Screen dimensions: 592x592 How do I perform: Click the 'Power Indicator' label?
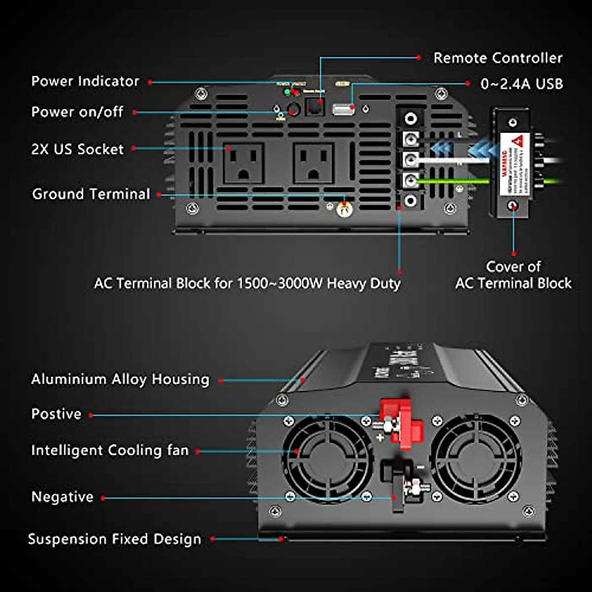(x=85, y=81)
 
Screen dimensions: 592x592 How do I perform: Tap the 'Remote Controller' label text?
(x=497, y=58)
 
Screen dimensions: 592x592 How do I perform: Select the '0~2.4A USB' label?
(x=521, y=84)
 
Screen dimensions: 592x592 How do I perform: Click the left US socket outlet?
(x=243, y=163)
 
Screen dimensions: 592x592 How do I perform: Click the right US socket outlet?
(x=313, y=163)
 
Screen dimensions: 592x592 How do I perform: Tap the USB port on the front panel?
(x=343, y=109)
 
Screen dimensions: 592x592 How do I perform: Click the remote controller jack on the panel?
(x=314, y=106)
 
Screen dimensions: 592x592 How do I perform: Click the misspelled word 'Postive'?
(x=56, y=414)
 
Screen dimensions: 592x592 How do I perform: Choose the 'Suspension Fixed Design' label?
(x=114, y=539)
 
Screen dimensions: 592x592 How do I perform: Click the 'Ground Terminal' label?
(x=91, y=194)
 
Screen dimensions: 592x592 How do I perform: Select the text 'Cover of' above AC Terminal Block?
(x=513, y=267)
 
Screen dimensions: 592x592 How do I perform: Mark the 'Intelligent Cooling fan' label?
(x=110, y=450)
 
